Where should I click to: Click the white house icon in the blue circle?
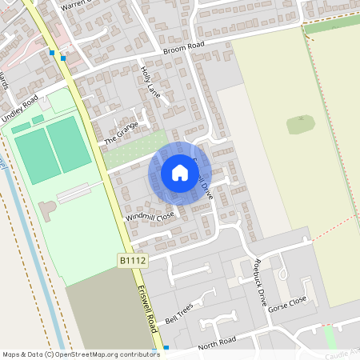180,173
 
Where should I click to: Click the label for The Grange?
121,131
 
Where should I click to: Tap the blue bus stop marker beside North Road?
166,348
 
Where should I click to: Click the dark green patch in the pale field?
301,124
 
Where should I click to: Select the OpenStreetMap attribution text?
81,354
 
